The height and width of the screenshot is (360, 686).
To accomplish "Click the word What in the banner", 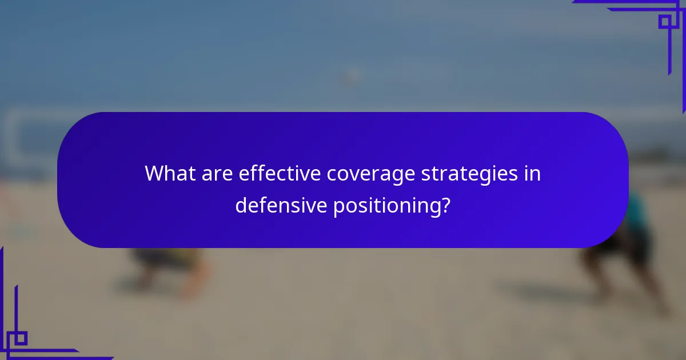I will (x=169, y=173).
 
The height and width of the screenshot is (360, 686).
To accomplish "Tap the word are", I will (x=217, y=173).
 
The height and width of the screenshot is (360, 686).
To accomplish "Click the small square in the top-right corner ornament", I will (x=664, y=22).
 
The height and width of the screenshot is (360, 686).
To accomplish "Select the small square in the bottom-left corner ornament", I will (x=21, y=338).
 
